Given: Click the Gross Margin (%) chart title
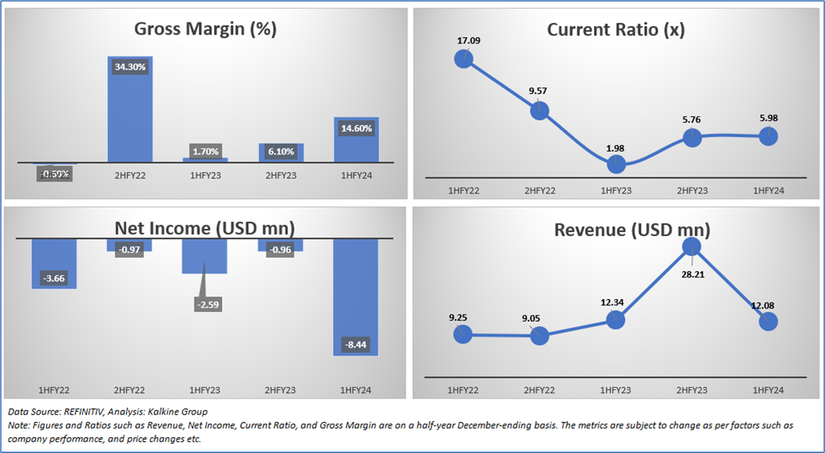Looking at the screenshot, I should (205, 29).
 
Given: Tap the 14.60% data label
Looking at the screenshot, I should (357, 128).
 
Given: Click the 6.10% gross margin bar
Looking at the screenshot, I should (281, 153).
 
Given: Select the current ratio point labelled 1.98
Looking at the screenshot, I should (616, 164).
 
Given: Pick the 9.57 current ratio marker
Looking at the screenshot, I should (540, 110).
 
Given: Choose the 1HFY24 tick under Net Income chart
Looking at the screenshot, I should (356, 389).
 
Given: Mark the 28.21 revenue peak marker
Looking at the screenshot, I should (692, 245).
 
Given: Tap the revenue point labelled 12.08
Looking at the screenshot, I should (768, 322).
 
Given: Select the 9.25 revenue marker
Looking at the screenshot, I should (463, 335).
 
